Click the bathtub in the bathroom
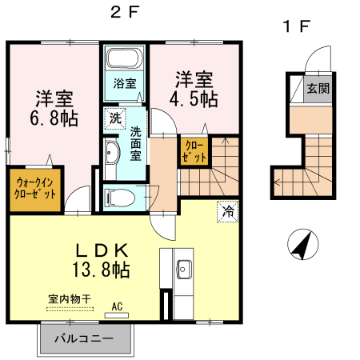(x=124, y=59)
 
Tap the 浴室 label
(x=124, y=83)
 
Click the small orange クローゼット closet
(x=194, y=150)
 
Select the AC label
(x=117, y=306)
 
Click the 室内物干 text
(x=70, y=298)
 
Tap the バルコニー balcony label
(x=85, y=338)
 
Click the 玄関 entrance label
(x=318, y=89)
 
